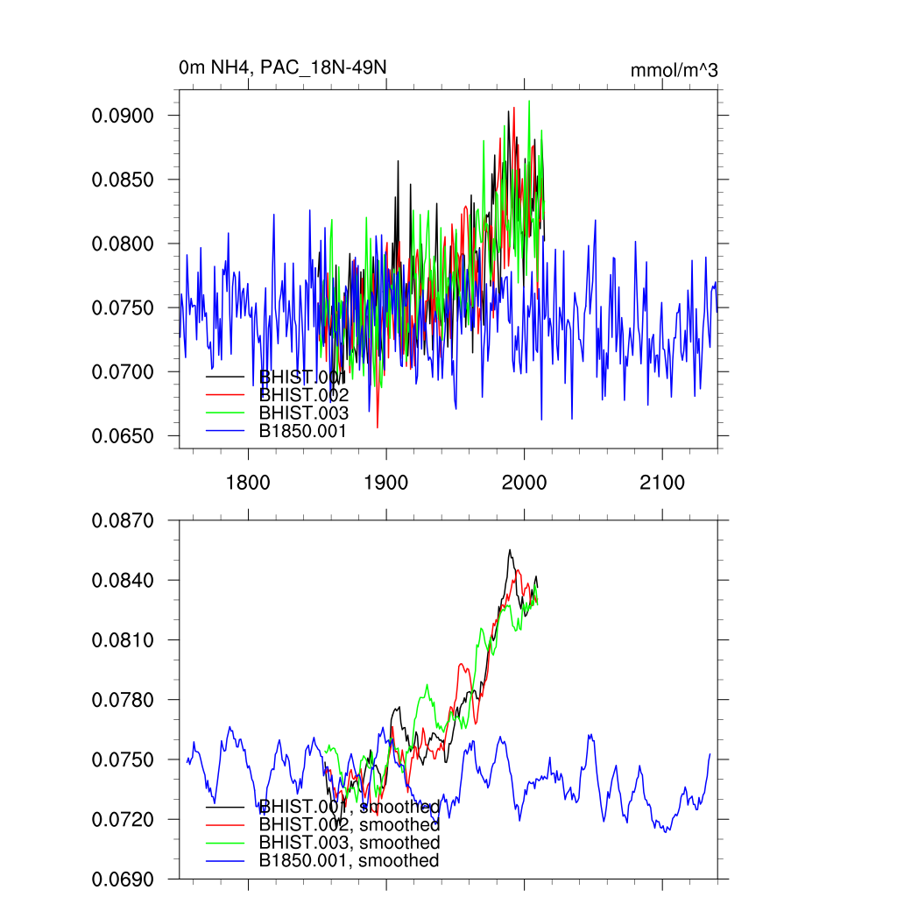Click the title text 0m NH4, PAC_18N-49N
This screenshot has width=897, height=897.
click(282, 67)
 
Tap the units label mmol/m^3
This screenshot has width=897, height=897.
click(674, 70)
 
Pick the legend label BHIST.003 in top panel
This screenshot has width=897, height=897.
click(303, 413)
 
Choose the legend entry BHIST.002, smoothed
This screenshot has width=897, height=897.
click(349, 824)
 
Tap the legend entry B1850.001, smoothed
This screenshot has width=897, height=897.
click(349, 860)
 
